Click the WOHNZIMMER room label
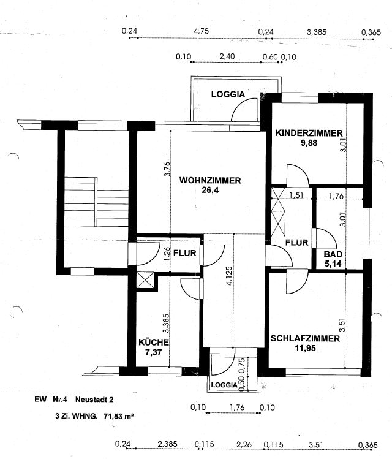[210, 180]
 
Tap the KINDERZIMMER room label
[309, 133]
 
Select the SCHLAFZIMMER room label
[305, 339]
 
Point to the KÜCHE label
[154, 342]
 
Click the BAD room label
[333, 254]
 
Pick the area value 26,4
[210, 190]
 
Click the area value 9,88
[309, 143]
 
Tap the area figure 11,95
[306, 348]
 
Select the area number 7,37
[153, 352]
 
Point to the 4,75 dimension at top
[202, 31]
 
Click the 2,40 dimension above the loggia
[227, 56]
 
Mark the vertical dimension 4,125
[229, 275]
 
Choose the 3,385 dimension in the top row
[317, 32]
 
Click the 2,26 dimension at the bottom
[244, 444]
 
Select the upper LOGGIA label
[228, 94]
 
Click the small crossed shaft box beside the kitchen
[145, 281]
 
